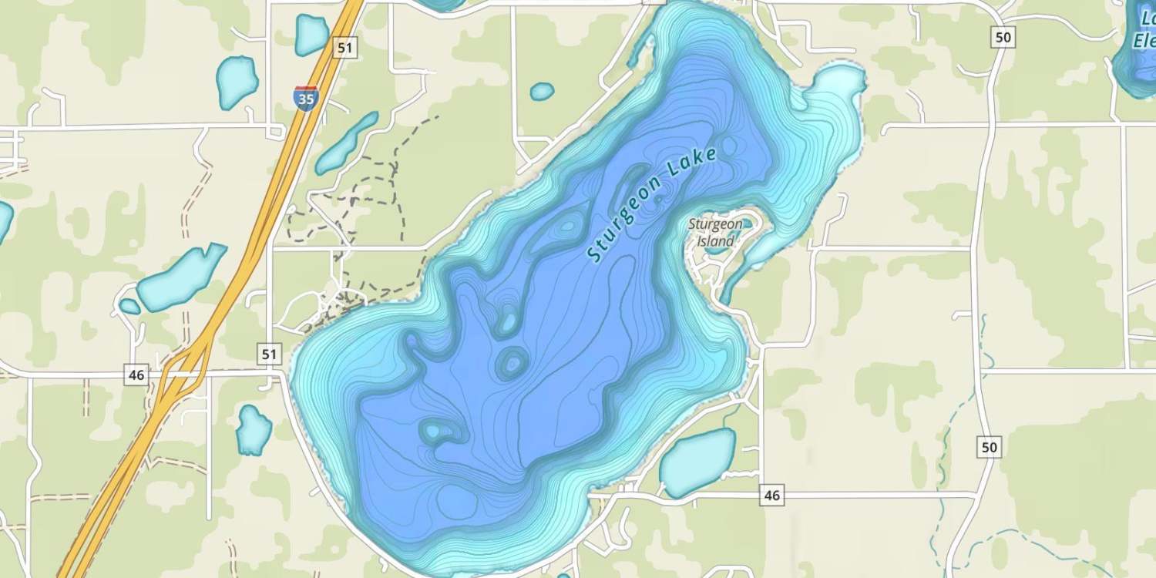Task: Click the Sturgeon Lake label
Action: [x=652, y=204]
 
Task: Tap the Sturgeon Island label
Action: [x=716, y=232]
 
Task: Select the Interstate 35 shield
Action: [x=306, y=98]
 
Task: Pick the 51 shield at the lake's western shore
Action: [x=269, y=354]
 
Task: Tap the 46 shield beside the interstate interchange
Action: [x=136, y=375]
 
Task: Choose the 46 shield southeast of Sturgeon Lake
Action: [x=771, y=496]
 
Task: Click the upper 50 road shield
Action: [x=1003, y=37]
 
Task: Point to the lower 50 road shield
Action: [x=990, y=446]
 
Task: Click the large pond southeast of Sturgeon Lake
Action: [x=697, y=462]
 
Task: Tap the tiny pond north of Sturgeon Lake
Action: [x=542, y=91]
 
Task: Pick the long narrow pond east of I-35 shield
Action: [x=346, y=143]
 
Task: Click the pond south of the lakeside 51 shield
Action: [x=253, y=429]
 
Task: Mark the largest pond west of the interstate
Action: [x=182, y=277]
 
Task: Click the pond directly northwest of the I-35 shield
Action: [x=236, y=82]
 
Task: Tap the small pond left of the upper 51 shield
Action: [x=311, y=35]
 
